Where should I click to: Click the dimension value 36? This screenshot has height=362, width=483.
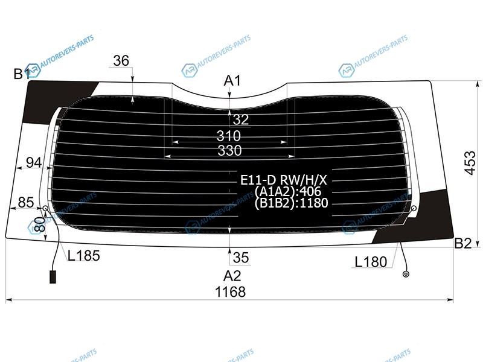click(121, 61)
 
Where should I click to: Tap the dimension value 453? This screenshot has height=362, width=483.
click(470, 163)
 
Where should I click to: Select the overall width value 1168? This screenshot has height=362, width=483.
click(231, 292)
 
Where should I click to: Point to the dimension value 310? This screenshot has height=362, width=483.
click(229, 136)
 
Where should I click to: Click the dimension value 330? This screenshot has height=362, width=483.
click(229, 150)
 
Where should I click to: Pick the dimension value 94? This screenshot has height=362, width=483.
click(34, 162)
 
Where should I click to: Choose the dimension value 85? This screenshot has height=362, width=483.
click(26, 203)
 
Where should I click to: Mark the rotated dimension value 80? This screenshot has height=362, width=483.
click(40, 224)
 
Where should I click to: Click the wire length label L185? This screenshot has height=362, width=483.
click(84, 256)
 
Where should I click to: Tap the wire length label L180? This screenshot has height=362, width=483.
click(371, 262)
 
